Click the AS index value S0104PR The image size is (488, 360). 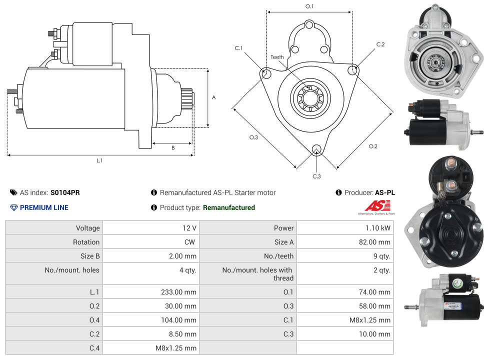point(65,192)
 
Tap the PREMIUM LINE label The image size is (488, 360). point(44,207)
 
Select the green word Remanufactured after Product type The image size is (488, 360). point(228,207)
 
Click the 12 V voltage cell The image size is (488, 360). point(189,228)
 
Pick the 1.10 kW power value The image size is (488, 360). point(378,228)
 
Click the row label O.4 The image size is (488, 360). point(94,320)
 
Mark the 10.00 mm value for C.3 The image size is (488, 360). point(374,334)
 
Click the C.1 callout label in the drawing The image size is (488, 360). point(238,48)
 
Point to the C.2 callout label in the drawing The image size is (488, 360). point(380,44)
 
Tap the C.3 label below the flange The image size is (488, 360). point(316,176)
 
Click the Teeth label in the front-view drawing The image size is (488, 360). point(277,57)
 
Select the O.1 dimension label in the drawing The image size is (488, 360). point(309,6)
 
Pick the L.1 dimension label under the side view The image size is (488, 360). point(99,160)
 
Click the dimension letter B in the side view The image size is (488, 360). point(173,148)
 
